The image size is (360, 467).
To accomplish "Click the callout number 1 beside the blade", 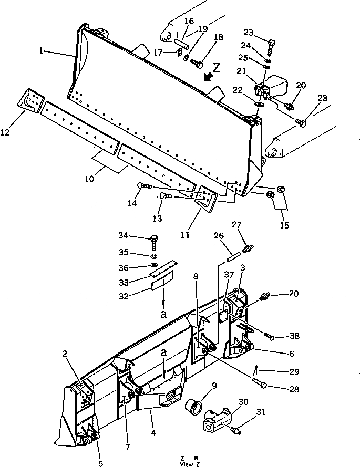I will pyautogui.click(x=41, y=51).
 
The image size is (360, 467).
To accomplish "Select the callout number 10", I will pyautogui.click(x=89, y=179).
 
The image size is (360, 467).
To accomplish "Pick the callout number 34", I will pyautogui.click(x=123, y=235).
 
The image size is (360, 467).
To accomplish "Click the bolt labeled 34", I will pyautogui.click(x=154, y=242).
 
